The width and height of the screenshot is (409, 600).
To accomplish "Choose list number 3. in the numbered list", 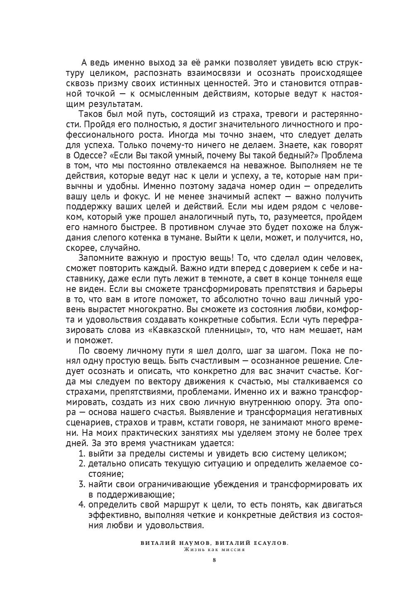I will [82, 484].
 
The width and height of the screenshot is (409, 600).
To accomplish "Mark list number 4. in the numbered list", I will [82, 505].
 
